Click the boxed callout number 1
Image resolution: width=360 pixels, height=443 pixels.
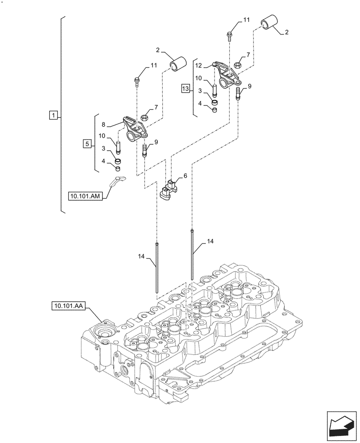tap(53, 116)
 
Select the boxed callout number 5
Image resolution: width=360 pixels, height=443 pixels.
tap(87, 144)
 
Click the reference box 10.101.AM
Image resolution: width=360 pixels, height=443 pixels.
tap(86, 195)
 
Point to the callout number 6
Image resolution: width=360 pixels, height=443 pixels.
tap(185, 176)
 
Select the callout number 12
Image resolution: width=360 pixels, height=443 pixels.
tap(199, 65)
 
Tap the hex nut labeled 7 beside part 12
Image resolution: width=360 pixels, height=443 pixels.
tap(238, 66)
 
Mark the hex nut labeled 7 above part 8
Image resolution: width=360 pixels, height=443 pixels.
tap(145, 118)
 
